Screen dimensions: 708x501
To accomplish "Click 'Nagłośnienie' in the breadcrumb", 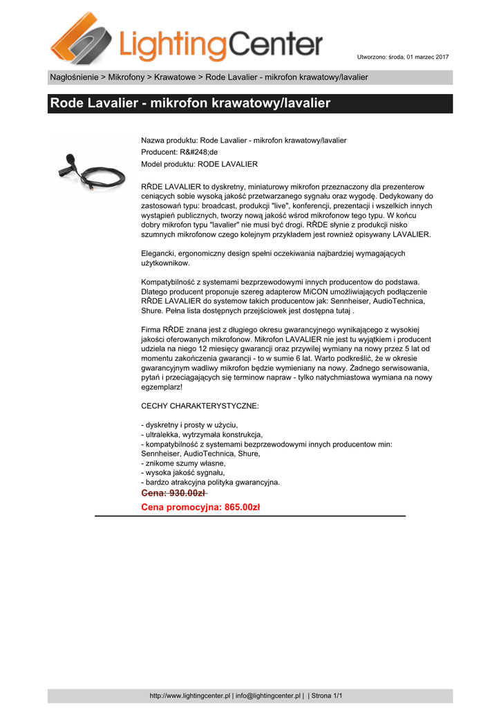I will pyautogui.click(x=75, y=77).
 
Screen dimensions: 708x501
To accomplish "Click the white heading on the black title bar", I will pyautogui.click(x=190, y=104).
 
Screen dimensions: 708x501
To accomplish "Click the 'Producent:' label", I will pyautogui.click(x=160, y=152).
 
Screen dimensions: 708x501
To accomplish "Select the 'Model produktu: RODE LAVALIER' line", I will pyautogui.click(x=199, y=164).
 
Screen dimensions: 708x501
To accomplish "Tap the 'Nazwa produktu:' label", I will pyautogui.click(x=169, y=140).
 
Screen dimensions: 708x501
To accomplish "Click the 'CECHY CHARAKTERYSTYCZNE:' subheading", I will pyautogui.click(x=200, y=406).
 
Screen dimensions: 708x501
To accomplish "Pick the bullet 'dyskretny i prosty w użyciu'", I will pyautogui.click(x=190, y=424).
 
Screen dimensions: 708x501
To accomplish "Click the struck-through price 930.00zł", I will pyautogui.click(x=173, y=493).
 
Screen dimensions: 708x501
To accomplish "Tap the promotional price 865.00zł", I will pyautogui.click(x=200, y=507).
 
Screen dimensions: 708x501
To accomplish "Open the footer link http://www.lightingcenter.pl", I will pyautogui.click(x=190, y=696).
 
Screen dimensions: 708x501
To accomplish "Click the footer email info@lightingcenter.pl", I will pyautogui.click(x=268, y=696).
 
